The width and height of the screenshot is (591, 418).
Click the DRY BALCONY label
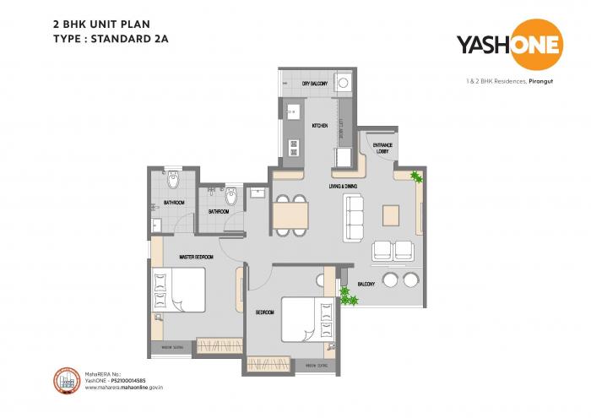(315, 84)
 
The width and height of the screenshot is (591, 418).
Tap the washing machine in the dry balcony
(344, 83)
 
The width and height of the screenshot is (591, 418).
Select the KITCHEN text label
(319, 125)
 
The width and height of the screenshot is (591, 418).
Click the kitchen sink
(293, 111)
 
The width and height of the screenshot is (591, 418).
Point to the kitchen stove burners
(294, 146)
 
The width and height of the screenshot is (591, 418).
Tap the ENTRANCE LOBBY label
(371, 147)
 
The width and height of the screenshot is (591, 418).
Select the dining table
(290, 214)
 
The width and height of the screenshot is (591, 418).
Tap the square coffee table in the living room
(391, 214)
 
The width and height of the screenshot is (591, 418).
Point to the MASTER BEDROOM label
(195, 256)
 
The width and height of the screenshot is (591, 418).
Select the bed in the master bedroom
(178, 290)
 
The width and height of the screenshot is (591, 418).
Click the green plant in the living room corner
(415, 176)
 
